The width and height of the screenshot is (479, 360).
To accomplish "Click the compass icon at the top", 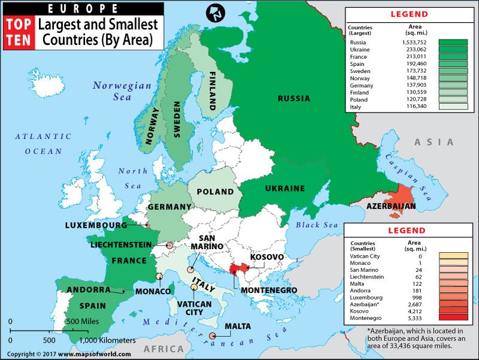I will click(x=214, y=13).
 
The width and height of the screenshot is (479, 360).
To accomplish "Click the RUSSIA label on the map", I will click(x=295, y=98).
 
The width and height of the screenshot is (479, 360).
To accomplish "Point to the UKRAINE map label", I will click(x=284, y=188).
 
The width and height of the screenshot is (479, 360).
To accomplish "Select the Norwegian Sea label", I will click(x=122, y=91).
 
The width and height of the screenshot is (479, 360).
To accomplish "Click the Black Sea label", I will click(x=317, y=225).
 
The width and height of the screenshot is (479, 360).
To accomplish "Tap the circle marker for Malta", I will click(x=213, y=336).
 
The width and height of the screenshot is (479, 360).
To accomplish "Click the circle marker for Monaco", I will click(x=159, y=276).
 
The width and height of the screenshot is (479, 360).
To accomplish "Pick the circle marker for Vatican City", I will click(x=194, y=288).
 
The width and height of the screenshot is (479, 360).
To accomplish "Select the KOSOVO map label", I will click(x=267, y=257).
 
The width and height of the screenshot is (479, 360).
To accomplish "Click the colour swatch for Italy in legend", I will click(x=452, y=107).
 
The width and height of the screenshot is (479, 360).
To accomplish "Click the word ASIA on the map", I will click(x=434, y=142).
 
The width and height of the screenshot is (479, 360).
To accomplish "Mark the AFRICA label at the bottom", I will click(x=163, y=349).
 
